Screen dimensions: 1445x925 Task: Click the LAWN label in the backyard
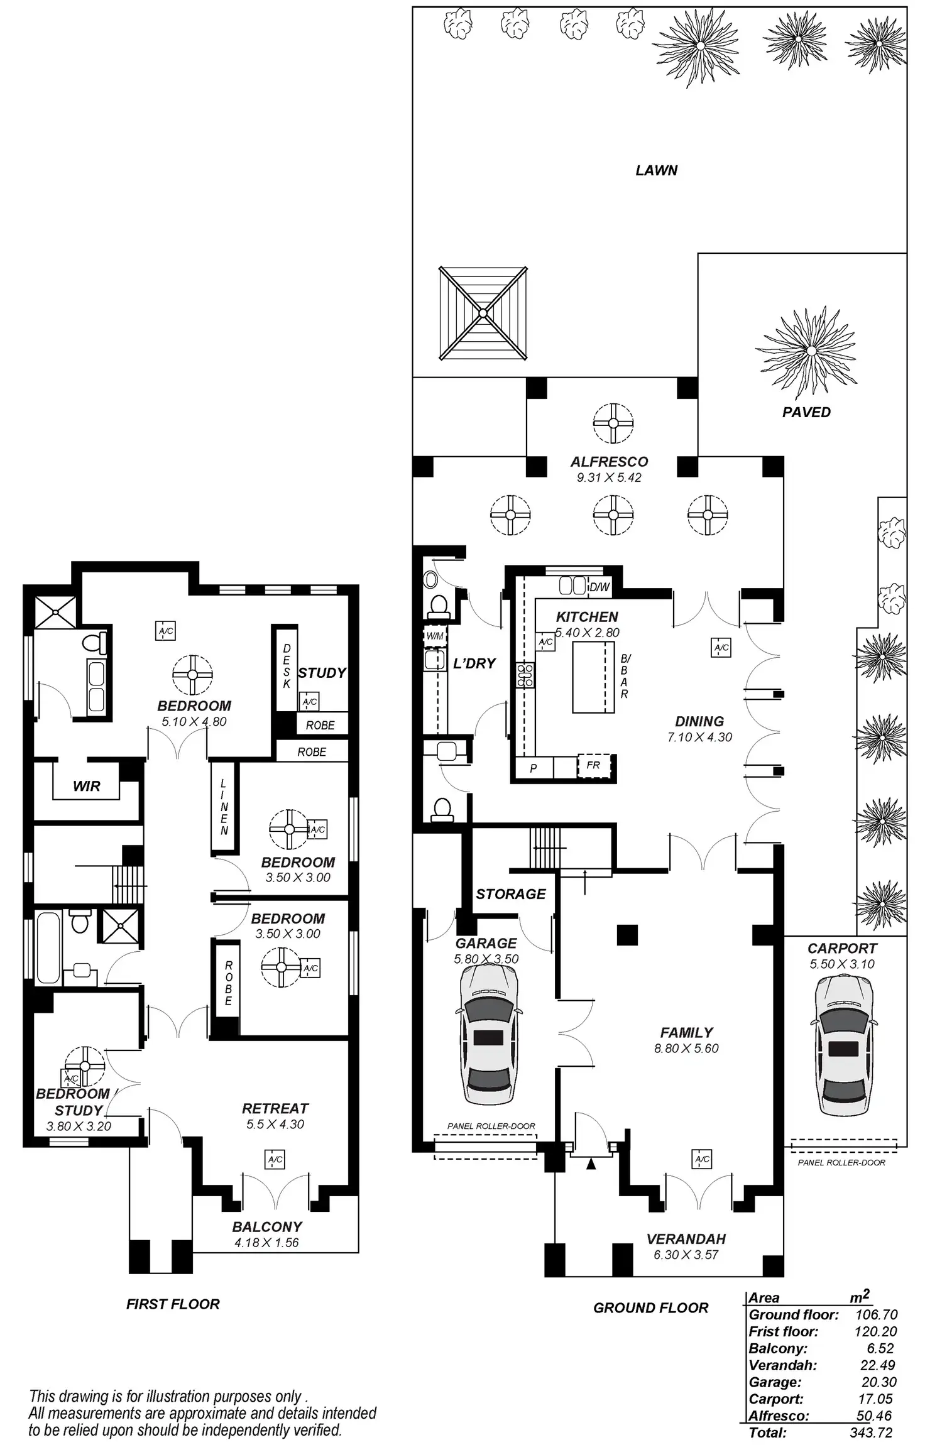656,170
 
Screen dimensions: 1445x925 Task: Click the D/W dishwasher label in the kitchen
599,587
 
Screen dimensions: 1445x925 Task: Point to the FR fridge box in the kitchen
593,765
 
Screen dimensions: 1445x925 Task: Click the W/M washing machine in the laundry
435,636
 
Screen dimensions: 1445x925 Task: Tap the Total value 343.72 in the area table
870,1432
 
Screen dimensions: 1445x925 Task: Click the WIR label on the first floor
86,786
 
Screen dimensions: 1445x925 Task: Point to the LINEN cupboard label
224,807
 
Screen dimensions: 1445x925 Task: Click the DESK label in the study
287,666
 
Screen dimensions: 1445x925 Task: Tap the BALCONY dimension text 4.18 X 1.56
266,1242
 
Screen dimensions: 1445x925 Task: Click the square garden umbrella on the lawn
483,313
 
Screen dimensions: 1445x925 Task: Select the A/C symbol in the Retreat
275,1159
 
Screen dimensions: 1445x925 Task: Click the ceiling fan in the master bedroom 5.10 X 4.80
193,675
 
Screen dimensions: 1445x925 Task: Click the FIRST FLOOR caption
173,1304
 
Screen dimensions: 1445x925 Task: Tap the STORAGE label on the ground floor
510,894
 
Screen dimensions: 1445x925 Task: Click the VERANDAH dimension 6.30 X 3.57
686,1255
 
